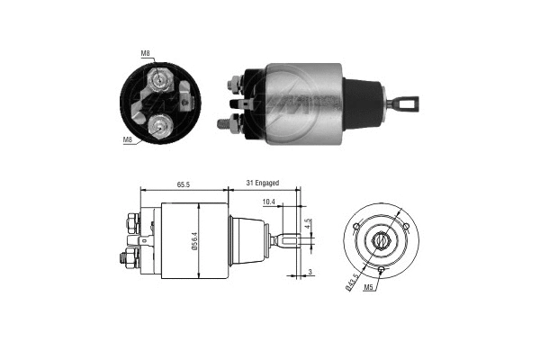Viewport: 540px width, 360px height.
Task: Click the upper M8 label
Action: (145, 53)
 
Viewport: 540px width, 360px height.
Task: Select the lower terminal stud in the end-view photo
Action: (158, 126)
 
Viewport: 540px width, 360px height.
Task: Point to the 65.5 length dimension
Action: (182, 184)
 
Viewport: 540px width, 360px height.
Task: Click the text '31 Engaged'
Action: (263, 184)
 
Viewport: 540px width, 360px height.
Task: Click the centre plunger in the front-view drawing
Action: (381, 240)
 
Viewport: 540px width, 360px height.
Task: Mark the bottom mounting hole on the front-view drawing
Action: (381, 269)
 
